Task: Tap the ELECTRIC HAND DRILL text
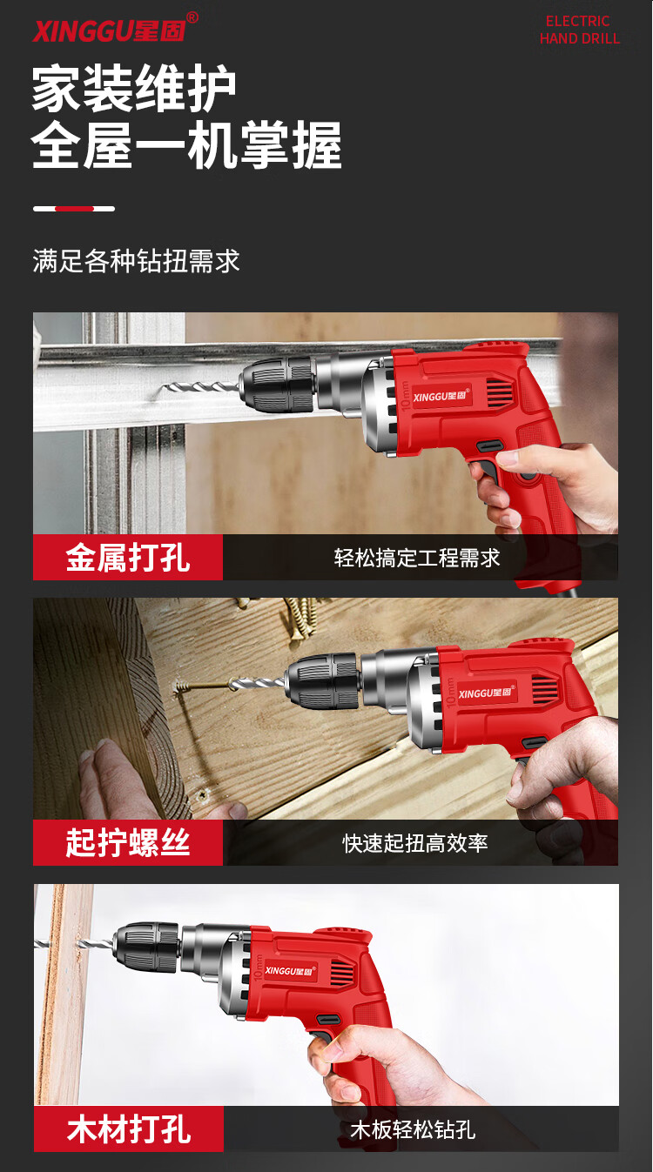(x=580, y=30)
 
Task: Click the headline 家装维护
(x=134, y=88)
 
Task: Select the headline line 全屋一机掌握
(x=187, y=145)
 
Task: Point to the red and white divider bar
(x=74, y=209)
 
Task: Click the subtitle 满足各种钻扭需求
(x=136, y=261)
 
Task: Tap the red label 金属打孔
(x=128, y=557)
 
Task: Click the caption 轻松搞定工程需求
(x=417, y=558)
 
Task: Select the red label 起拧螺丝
(x=128, y=842)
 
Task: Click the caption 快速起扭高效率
(x=415, y=843)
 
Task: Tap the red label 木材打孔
(x=129, y=1128)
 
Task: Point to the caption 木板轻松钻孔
(x=414, y=1129)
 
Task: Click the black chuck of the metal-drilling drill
(x=278, y=385)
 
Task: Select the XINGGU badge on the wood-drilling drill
(x=290, y=971)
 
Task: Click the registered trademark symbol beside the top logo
(x=192, y=17)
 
